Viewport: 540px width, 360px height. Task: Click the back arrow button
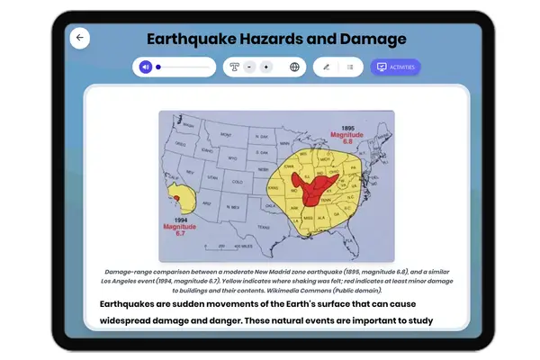click(80, 38)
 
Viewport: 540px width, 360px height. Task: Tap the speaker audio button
click(146, 67)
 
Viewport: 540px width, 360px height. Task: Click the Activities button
click(395, 67)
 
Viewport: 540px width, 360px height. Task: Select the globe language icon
click(294, 67)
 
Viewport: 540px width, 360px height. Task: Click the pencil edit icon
click(327, 67)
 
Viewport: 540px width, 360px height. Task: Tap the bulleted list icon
click(350, 67)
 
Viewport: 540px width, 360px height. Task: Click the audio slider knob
click(158, 67)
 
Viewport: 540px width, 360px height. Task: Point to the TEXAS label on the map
click(263, 227)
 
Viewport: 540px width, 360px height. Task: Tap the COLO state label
click(238, 181)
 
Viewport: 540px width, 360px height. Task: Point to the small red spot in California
click(177, 198)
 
